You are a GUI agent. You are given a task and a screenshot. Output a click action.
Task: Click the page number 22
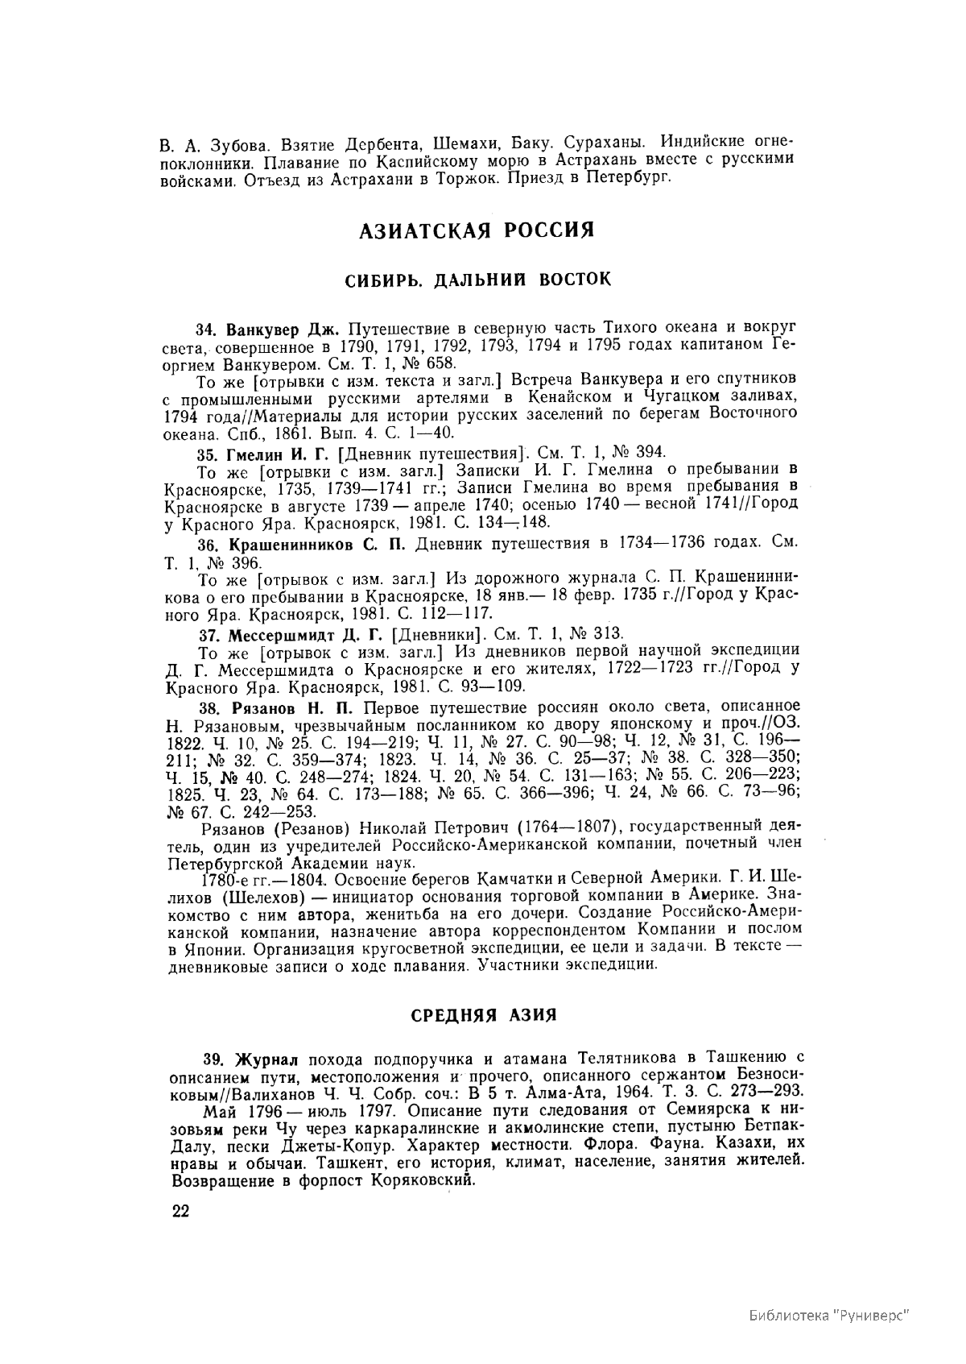(180, 1213)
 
